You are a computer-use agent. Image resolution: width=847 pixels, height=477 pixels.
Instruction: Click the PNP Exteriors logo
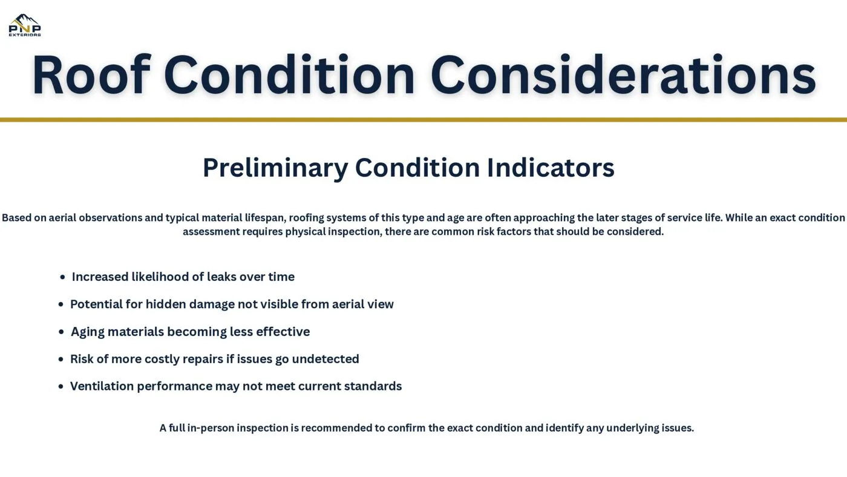25,25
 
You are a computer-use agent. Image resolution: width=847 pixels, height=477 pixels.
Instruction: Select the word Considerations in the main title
623,76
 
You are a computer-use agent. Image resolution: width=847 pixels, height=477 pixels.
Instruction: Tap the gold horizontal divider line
423,120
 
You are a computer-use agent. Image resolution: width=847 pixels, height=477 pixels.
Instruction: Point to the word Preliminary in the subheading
275,168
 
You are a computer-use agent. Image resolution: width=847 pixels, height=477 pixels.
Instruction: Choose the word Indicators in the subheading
551,168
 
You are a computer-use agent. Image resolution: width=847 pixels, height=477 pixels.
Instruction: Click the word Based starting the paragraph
16,218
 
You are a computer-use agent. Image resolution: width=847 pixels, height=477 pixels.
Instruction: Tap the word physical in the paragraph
305,232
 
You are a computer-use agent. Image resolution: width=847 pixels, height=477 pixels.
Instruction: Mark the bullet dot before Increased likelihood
62,277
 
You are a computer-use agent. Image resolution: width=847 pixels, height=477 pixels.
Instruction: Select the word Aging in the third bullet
87,332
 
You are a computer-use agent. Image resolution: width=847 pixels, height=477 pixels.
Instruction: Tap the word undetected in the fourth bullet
325,359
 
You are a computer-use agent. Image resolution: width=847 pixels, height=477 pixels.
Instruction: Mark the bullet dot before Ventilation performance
60,387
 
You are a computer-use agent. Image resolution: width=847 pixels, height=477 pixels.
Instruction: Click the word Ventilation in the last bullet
102,386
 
